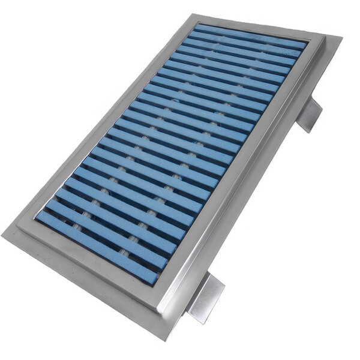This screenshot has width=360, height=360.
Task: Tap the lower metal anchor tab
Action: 206,299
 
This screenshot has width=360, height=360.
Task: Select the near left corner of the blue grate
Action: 37,216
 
